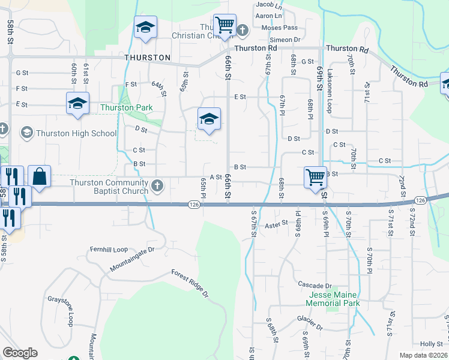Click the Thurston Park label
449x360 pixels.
126,108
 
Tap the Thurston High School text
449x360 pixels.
76,133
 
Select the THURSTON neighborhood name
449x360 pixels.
148,58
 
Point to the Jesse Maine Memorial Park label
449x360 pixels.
334,299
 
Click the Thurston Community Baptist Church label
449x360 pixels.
109,187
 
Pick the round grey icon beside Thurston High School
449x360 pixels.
26,132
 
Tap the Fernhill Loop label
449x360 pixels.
109,249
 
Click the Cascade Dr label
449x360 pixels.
315,284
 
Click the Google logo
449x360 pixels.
20,353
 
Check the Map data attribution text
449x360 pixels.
423,355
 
